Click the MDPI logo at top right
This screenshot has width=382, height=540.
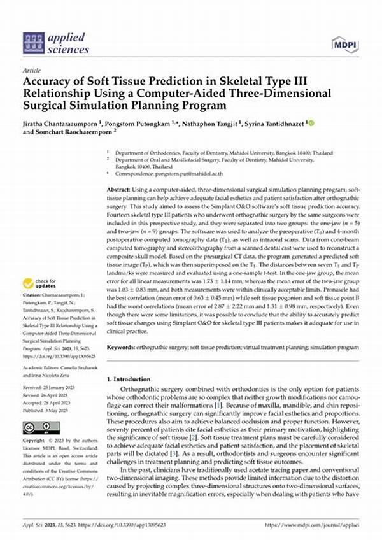(x=344, y=44)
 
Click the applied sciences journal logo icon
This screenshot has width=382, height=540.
(x=33, y=43)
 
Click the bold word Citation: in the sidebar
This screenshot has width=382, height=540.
(x=32, y=295)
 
